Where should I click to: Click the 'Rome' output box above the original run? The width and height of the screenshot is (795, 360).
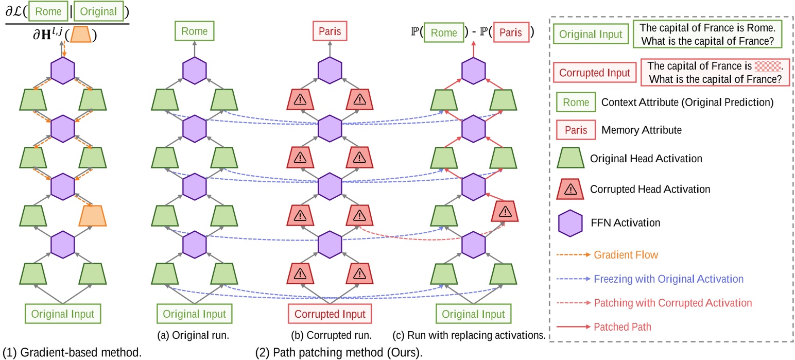(194, 32)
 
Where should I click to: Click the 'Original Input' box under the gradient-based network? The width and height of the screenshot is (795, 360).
(63, 314)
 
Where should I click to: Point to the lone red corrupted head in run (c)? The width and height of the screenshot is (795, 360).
(505, 211)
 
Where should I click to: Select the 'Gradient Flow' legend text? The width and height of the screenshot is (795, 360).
(626, 254)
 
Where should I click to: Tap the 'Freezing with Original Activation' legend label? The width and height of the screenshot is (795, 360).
(668, 279)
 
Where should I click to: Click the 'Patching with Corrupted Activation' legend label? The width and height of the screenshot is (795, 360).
(673, 303)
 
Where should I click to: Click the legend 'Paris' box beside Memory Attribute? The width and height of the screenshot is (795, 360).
(576, 130)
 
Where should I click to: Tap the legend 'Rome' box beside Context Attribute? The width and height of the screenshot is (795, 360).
(576, 102)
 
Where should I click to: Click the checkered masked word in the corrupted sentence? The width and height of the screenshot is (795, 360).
(767, 66)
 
